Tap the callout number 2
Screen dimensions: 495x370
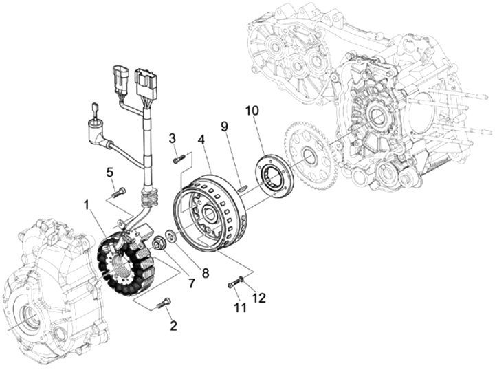point(173,326)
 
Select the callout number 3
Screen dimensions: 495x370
point(173,138)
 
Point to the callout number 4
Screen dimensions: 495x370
point(201,139)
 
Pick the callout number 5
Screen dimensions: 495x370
point(109,173)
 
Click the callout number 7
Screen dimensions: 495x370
point(192,283)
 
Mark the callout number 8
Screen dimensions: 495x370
point(206,273)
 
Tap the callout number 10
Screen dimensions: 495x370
point(252,111)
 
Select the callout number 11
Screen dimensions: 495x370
point(240,307)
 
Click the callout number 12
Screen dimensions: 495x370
point(259,298)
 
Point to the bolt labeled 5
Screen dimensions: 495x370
point(118,193)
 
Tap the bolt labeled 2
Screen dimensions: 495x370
point(163,303)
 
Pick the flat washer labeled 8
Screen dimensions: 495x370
point(171,236)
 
